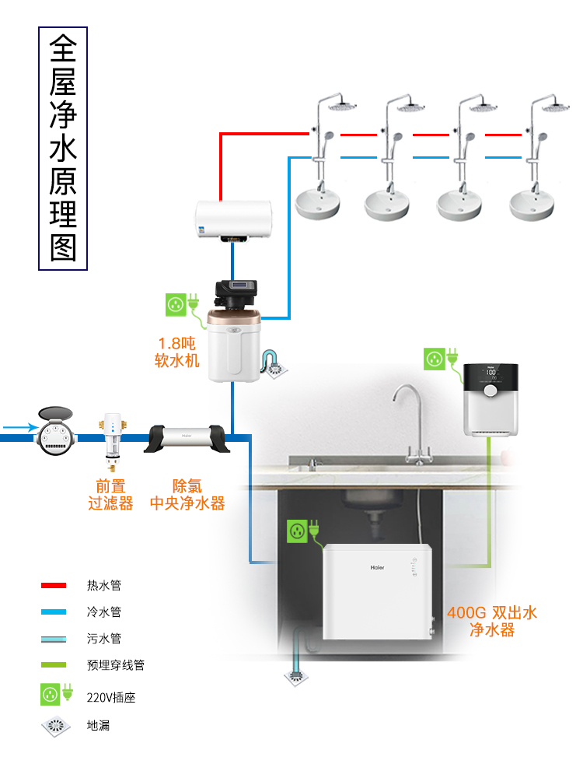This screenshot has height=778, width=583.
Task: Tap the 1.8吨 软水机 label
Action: (179, 352)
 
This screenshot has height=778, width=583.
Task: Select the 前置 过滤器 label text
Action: (110, 495)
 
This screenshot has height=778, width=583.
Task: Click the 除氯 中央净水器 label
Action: (187, 495)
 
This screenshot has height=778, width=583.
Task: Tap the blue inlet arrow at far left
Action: (19, 427)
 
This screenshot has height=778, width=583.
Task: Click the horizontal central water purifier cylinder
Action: (187, 437)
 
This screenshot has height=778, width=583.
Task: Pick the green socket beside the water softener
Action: (176, 304)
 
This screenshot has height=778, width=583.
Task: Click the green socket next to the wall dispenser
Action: (435, 359)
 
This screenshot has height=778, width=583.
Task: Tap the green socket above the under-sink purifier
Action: (296, 531)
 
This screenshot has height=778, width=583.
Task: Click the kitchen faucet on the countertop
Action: (411, 424)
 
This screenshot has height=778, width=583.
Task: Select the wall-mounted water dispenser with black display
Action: (490, 398)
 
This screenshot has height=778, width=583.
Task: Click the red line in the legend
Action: (54, 585)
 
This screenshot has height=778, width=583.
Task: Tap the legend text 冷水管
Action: (103, 612)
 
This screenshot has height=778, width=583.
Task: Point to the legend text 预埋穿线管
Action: (115, 665)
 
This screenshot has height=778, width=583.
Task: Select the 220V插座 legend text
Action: (110, 698)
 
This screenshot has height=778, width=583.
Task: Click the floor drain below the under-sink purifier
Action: (298, 678)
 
